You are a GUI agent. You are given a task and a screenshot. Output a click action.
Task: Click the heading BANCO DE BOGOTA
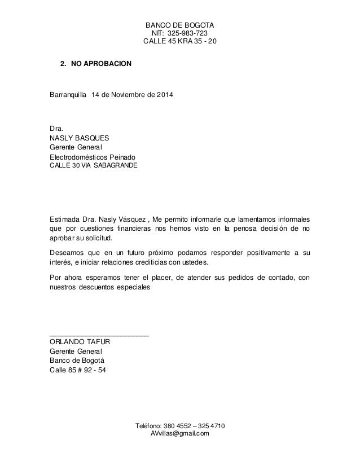[x=180, y=25]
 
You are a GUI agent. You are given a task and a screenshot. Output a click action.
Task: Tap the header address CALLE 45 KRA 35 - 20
[x=180, y=43]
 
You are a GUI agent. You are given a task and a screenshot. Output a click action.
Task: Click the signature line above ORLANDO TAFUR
[x=99, y=335]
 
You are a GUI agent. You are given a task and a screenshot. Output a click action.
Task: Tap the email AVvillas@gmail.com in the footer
[x=180, y=433]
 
